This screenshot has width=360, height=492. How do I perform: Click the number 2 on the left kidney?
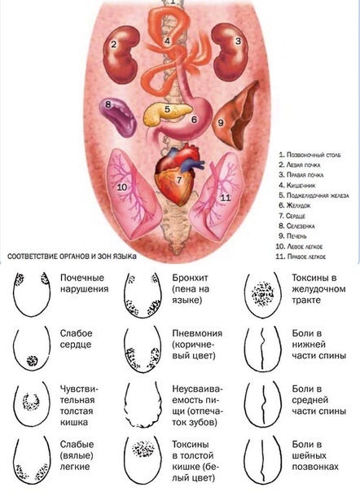coord(113,44)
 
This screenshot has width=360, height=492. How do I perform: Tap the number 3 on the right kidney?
coord(238,41)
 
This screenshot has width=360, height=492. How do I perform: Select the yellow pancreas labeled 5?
coord(168,113)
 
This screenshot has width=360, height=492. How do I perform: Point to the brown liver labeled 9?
coord(237,116)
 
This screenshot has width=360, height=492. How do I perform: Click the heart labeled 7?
coord(178,174)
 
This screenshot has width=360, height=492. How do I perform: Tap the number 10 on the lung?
coord(122,187)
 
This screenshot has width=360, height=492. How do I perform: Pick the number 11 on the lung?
coord(226,197)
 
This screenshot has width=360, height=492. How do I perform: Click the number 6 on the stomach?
coord(195,120)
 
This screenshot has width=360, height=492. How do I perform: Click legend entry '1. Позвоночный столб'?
coord(310,155)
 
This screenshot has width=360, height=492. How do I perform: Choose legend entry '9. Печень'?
coord(293,236)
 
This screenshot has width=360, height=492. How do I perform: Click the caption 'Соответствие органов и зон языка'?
coord(72,257)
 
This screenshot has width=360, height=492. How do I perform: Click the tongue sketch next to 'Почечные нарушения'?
coord(32,294)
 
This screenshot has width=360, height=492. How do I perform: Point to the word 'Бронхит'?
coord(190,278)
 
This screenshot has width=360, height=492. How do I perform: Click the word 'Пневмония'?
coord(197,333)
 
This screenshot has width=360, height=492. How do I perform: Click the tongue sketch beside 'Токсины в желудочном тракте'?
coord(263,295)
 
